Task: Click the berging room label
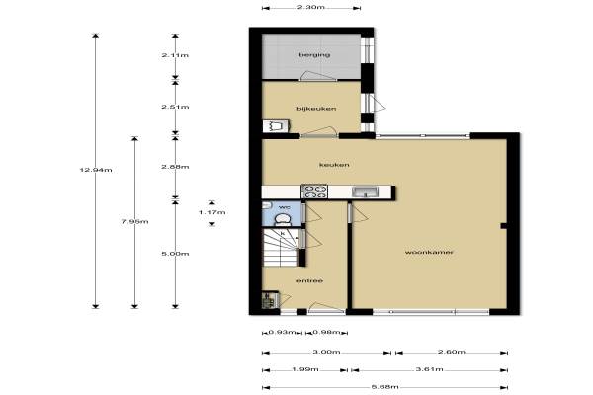314,55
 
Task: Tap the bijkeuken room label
316,109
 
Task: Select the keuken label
334,165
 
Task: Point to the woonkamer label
429,252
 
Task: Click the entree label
309,280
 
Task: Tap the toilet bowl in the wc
282,219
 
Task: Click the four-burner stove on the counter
314,192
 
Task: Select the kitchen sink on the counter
365,192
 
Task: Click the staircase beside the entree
282,248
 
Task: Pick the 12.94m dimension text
96,170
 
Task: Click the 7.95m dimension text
134,222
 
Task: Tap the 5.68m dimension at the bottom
384,387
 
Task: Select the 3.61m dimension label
429,369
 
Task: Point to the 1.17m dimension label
212,212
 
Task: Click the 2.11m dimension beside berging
175,55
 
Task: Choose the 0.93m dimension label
282,333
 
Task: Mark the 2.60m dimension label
452,352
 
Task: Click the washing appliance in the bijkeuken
277,126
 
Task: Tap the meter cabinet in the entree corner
271,299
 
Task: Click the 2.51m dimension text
175,107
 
